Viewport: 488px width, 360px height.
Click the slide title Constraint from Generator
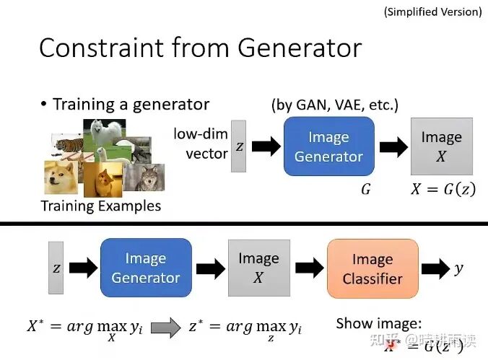200,48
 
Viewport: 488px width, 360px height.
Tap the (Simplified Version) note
432,11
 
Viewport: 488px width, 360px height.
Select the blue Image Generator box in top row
328,146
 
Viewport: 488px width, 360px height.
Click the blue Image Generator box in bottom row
146,268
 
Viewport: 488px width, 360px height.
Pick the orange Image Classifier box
372,268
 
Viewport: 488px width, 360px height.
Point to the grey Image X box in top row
441,146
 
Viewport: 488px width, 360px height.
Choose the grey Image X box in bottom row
258,268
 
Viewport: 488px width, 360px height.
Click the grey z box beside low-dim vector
239,146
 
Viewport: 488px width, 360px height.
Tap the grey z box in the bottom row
56,268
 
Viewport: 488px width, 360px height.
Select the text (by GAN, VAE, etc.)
334,105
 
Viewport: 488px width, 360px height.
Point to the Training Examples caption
100,206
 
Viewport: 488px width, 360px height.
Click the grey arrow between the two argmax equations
165,328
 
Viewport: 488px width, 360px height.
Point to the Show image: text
378,323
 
